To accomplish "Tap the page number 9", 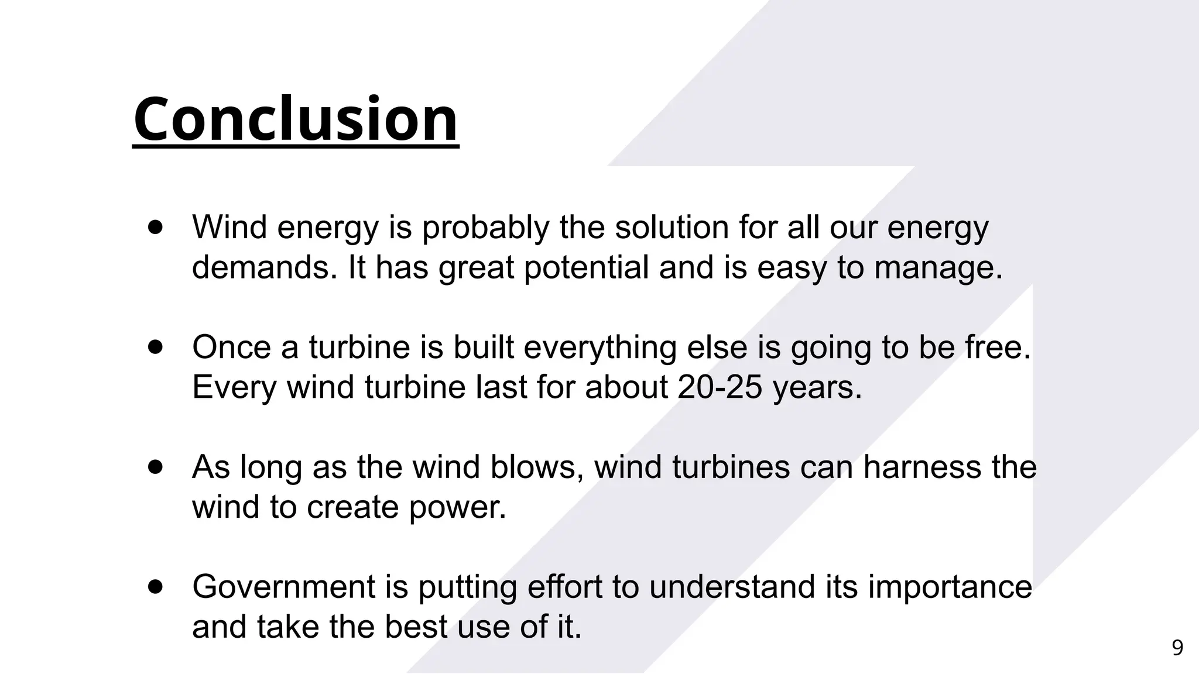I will coord(1177,648).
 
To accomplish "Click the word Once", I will coord(231,347).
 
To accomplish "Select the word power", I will coord(457,507).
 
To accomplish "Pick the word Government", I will coord(283,587).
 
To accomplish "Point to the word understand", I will coord(732,587).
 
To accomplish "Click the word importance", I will coord(950,587).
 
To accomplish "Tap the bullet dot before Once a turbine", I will coord(155,347).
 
